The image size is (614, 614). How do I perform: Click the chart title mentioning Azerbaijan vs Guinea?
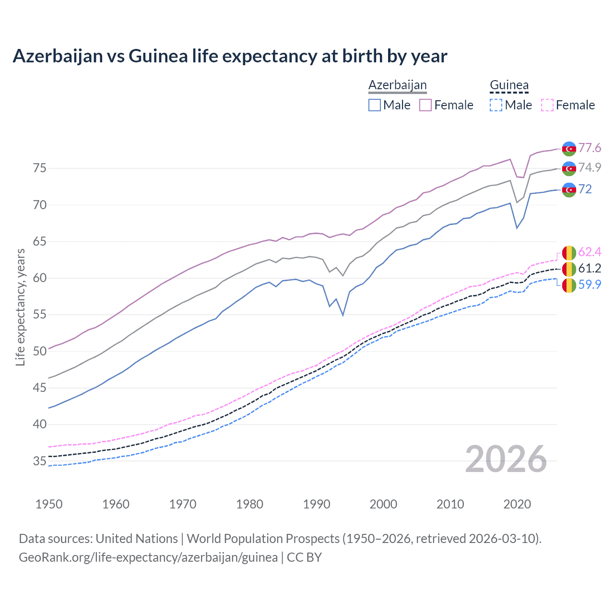click(x=230, y=56)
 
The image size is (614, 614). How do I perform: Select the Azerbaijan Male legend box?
click(x=375, y=105)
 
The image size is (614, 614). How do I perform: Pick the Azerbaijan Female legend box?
click(x=425, y=105)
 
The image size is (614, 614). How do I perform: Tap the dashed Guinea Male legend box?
click(x=496, y=105)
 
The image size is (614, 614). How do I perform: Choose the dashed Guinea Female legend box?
click(x=547, y=105)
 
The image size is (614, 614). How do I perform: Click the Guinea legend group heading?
click(x=509, y=85)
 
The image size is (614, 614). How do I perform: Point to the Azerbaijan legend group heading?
click(x=397, y=85)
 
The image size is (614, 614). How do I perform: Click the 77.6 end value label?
click(x=590, y=148)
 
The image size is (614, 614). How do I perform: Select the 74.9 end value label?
click(x=590, y=167)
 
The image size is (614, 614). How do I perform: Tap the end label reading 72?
click(x=585, y=189)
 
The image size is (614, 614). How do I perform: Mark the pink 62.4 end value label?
click(x=590, y=252)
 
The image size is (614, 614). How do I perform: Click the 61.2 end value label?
click(x=590, y=268)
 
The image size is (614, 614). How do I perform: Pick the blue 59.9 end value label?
click(x=590, y=284)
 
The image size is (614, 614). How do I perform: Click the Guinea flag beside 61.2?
click(x=569, y=269)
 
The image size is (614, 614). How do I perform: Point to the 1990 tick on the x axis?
click(x=317, y=504)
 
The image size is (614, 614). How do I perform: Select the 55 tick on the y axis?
click(x=39, y=315)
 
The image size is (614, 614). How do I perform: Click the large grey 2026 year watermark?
click(x=506, y=459)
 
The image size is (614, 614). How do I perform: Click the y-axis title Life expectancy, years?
click(x=21, y=307)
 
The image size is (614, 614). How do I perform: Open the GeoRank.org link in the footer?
click(x=148, y=557)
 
